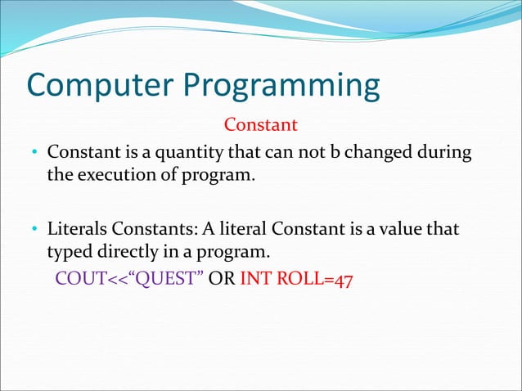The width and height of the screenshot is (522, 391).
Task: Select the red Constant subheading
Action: tap(260, 125)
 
